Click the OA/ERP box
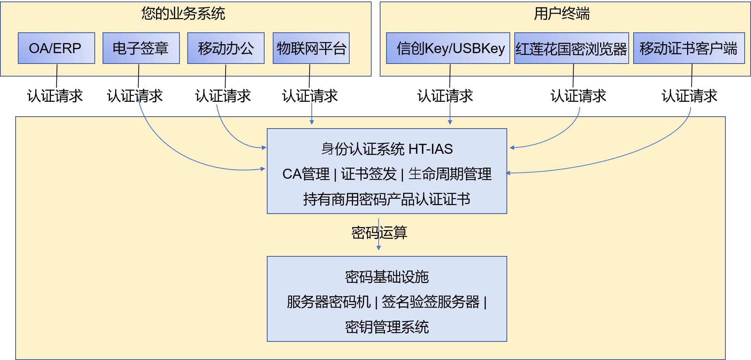pos(56,48)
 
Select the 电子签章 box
pos(141,48)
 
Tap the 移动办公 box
pos(226,48)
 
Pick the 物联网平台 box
pos(311,48)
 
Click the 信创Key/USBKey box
pos(448,48)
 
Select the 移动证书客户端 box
pos(689,48)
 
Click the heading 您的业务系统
pos(183,14)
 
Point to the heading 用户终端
pos(562,14)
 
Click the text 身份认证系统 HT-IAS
pos(387,149)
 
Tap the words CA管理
pos(306,174)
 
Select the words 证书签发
pos(369,174)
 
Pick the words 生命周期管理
pos(450,174)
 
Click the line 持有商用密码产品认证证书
pos(387,199)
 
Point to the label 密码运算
pos(379,233)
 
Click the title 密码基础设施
pos(387,277)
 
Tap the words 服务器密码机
pos(328,302)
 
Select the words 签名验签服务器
pos(430,302)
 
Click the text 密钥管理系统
pos(387,327)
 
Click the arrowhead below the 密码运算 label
pos(379,248)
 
